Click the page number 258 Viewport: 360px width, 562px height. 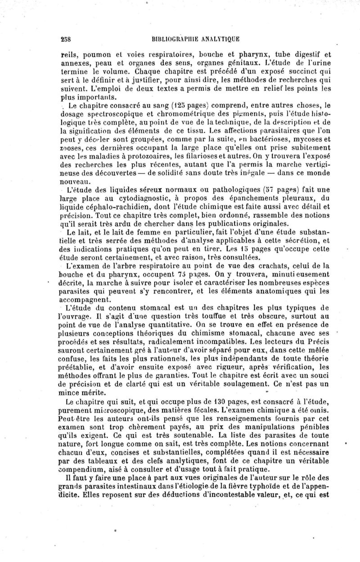tap(67, 38)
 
